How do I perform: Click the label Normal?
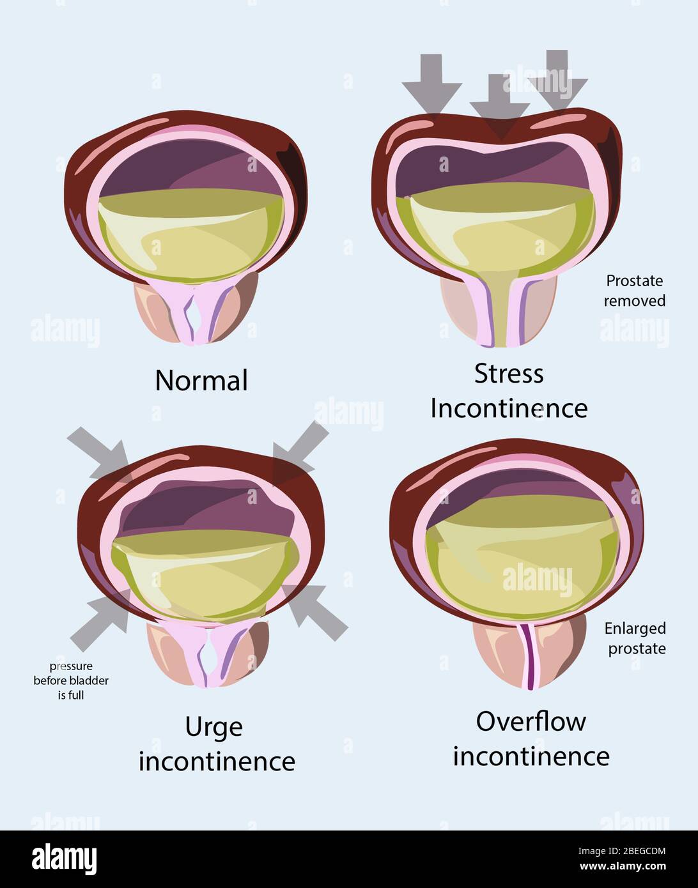click(x=201, y=381)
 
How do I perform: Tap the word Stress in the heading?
click(x=509, y=374)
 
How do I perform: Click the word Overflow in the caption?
click(x=531, y=721)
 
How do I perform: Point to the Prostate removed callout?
click(x=635, y=291)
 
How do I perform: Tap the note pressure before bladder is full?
click(x=71, y=680)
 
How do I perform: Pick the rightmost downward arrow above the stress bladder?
click(x=557, y=80)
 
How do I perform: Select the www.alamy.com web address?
click(x=623, y=866)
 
